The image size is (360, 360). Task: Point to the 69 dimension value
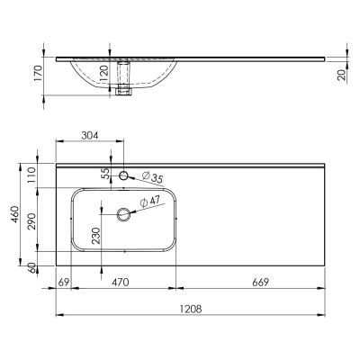point(63,282)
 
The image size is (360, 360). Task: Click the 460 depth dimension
point(15,217)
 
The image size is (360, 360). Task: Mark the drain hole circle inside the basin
point(124,214)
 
